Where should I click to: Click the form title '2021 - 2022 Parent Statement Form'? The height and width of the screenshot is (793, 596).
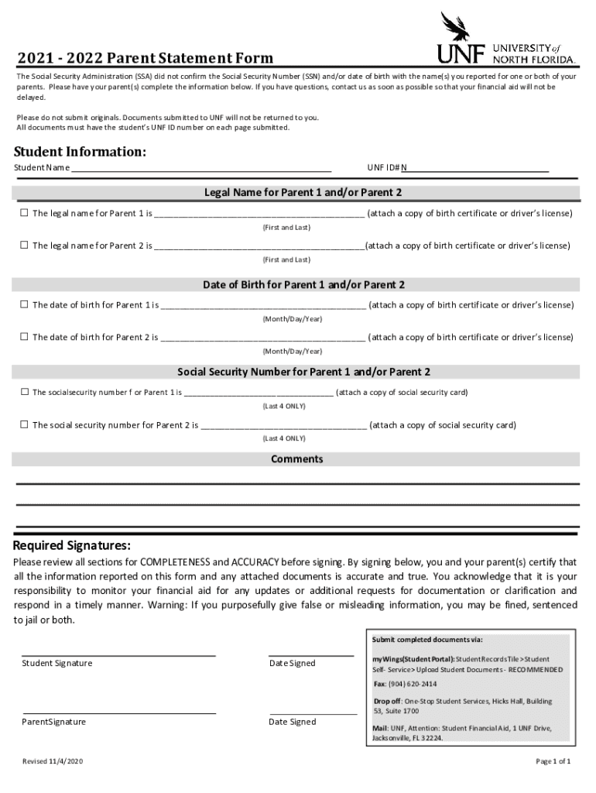[146, 58]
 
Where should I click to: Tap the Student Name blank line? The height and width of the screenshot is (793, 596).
[201, 167]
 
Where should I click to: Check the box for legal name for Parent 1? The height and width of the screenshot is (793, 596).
[24, 213]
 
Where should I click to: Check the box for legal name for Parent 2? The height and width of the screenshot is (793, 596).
[24, 245]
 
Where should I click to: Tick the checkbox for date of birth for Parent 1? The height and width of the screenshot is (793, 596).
[24, 304]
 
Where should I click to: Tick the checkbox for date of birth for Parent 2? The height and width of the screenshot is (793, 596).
[24, 337]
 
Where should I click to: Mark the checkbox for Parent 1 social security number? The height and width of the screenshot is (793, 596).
[24, 392]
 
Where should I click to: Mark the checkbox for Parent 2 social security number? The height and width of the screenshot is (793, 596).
[24, 424]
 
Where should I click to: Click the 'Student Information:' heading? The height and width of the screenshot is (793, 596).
[80, 151]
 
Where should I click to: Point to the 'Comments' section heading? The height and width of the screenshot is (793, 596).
[296, 459]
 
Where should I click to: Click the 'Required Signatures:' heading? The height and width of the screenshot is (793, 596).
[71, 545]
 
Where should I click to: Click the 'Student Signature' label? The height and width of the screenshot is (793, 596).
[57, 663]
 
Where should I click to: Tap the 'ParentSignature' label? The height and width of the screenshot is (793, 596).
[53, 722]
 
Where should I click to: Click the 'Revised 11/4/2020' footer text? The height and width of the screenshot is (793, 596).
[53, 761]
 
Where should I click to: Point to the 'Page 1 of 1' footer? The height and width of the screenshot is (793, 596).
[553, 761]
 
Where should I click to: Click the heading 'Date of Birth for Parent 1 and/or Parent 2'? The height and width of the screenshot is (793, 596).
[303, 285]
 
